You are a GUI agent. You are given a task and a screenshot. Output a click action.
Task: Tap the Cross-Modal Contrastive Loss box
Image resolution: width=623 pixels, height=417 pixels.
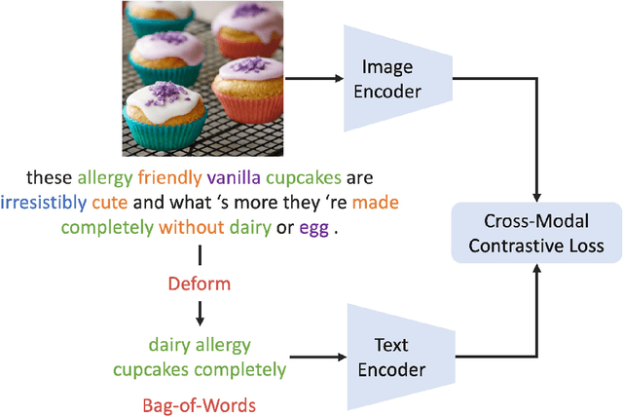coord(536,232)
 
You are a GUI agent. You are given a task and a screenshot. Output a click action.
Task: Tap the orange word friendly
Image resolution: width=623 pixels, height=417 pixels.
coord(169,178)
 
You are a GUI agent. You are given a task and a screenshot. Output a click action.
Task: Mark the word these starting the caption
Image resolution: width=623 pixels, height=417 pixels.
coord(48,178)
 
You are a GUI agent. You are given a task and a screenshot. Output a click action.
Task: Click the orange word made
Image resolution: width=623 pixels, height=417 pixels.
coord(376,203)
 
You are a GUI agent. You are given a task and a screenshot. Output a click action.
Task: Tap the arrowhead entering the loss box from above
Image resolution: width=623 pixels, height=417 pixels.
coord(537,195)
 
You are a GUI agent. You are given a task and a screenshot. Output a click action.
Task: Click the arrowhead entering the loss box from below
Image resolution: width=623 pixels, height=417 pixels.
coord(537,269)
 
